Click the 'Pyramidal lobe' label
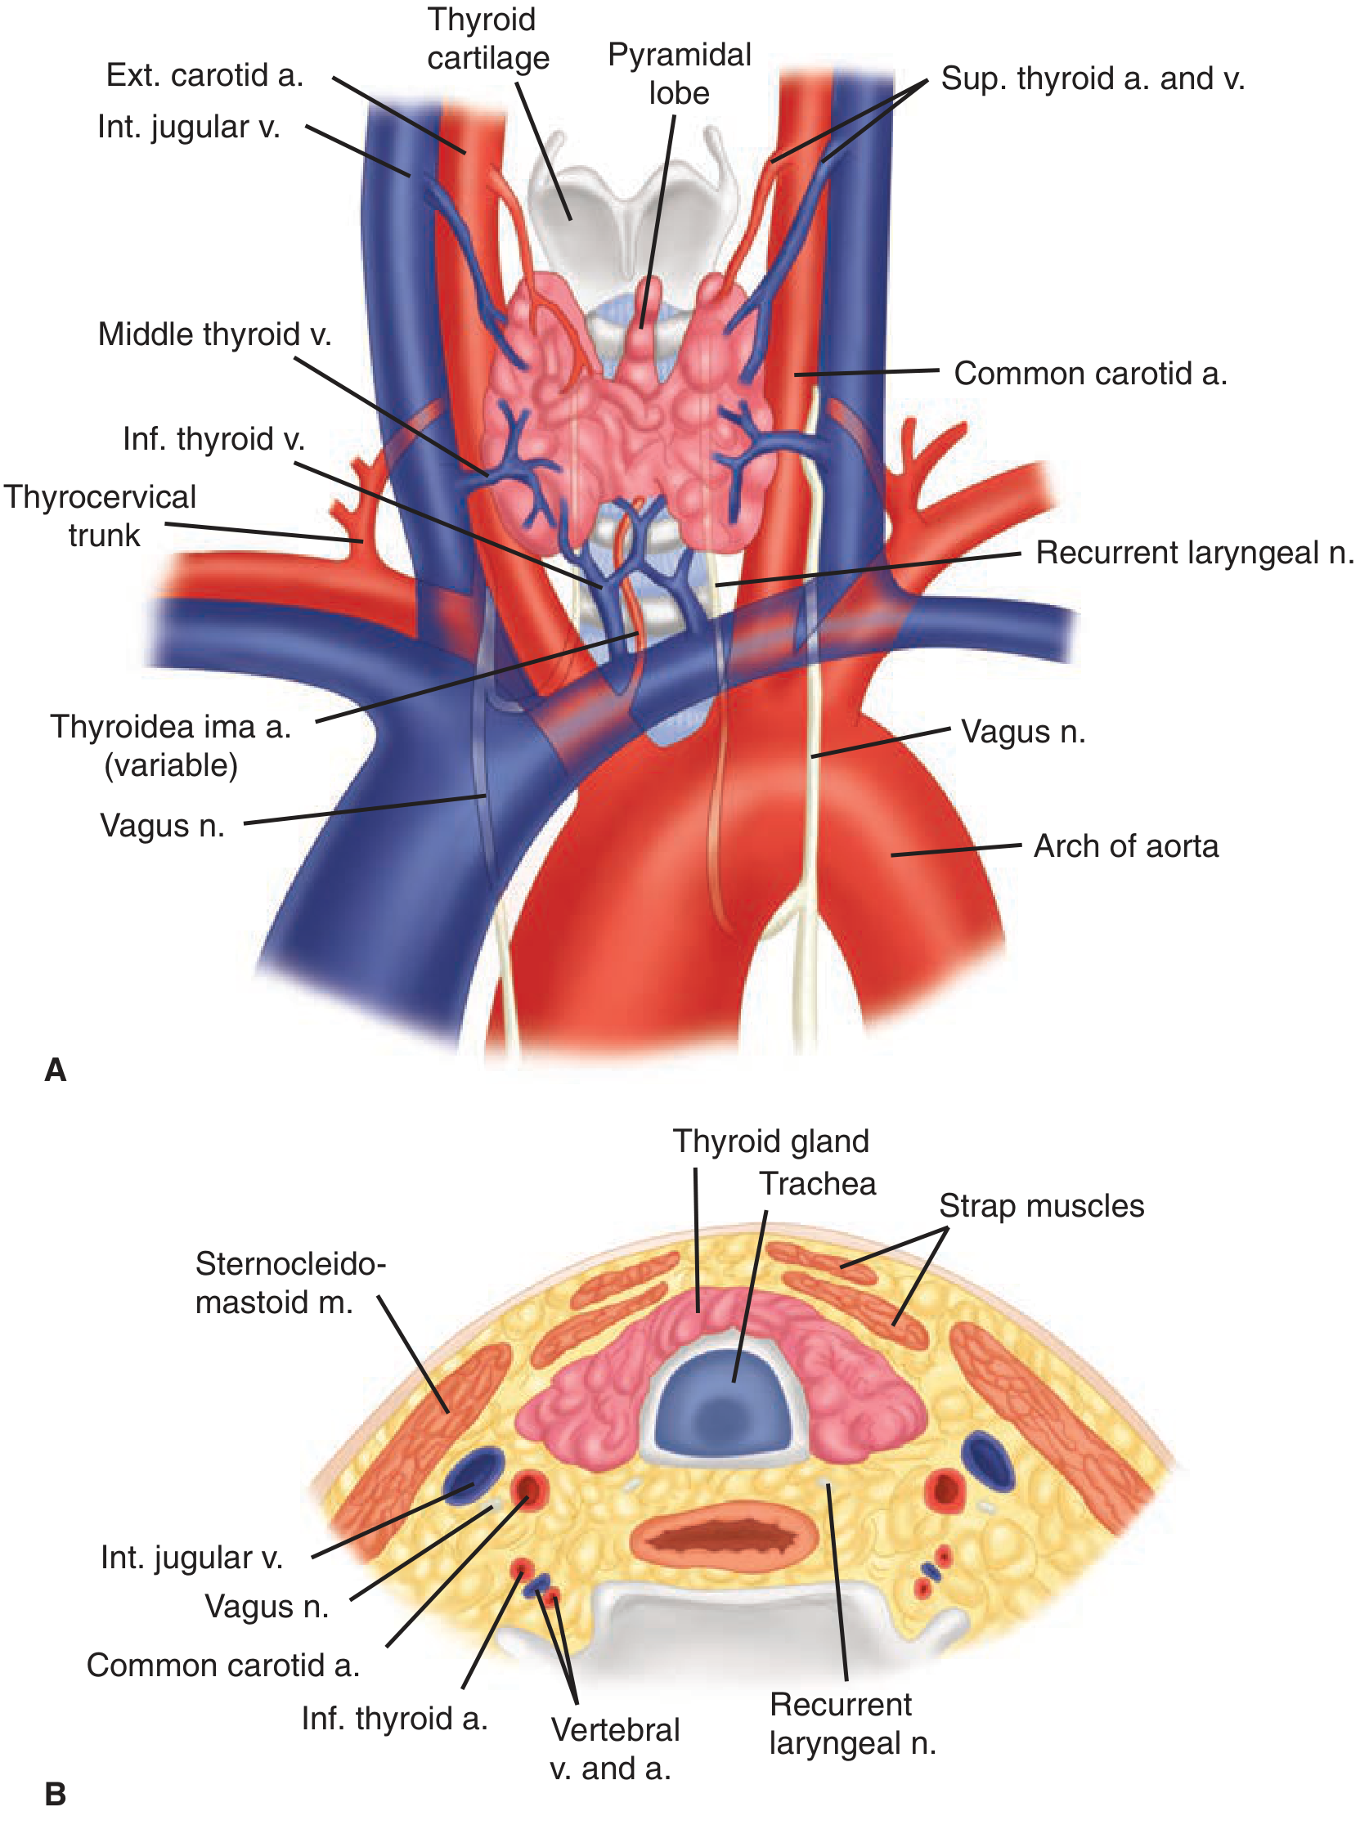(679, 74)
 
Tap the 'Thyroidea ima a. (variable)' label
(171, 746)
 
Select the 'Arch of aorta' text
(1125, 846)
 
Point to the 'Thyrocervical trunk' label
(100, 517)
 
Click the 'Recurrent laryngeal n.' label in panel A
(1194, 553)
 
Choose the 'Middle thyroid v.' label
(214, 335)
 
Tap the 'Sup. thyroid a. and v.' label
(1092, 78)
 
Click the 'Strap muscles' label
(1041, 1206)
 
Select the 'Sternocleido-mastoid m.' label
(290, 1283)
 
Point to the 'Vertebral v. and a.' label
(615, 1749)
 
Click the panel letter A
(56, 1069)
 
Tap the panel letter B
(56, 1794)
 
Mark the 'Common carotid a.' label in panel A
(1090, 374)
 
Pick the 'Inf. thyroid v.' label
(213, 439)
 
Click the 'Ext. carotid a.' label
(204, 76)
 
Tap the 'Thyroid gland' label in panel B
(770, 1142)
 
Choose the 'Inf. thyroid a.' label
(394, 1720)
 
